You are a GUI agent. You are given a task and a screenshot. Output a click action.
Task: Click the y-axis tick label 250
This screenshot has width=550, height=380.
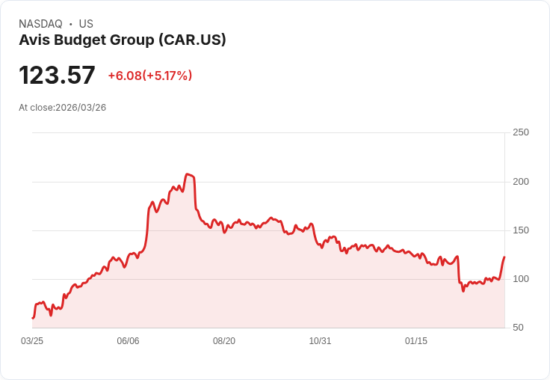(520, 132)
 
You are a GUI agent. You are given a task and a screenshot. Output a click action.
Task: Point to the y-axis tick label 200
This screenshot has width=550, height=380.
(520, 181)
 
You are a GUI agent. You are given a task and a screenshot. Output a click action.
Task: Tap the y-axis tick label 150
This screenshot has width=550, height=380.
(520, 230)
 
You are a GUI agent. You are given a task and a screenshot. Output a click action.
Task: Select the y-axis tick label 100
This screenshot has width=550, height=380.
(520, 279)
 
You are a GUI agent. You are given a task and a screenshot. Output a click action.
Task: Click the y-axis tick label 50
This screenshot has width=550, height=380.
(517, 328)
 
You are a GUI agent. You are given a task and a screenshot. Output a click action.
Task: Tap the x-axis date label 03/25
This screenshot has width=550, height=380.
(32, 341)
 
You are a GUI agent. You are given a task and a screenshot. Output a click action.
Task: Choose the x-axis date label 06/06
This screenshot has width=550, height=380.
(128, 341)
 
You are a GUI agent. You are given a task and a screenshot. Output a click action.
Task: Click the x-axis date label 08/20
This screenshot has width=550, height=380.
(224, 341)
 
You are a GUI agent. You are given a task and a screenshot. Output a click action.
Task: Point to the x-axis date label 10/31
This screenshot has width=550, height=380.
(320, 341)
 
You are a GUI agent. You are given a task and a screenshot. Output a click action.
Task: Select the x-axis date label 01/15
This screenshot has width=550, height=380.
(416, 341)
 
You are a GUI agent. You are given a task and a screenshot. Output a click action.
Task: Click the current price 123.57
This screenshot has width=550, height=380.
(57, 76)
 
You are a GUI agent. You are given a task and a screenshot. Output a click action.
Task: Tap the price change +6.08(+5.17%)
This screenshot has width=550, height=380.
(150, 76)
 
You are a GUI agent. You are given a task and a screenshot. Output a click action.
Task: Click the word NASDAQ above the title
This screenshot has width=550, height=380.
(40, 24)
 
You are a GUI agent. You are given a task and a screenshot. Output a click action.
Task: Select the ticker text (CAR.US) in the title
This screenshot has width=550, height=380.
(192, 40)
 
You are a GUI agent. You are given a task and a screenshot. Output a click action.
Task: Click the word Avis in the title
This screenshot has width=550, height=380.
(34, 40)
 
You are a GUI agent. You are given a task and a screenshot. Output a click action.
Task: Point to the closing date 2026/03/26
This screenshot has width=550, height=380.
(81, 108)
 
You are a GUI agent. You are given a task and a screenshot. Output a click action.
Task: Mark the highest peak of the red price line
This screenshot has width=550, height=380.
(188, 174)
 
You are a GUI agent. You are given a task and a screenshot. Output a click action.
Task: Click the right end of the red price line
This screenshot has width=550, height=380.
(504, 257)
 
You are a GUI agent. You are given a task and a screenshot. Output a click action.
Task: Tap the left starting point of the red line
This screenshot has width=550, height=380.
(32, 318)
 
